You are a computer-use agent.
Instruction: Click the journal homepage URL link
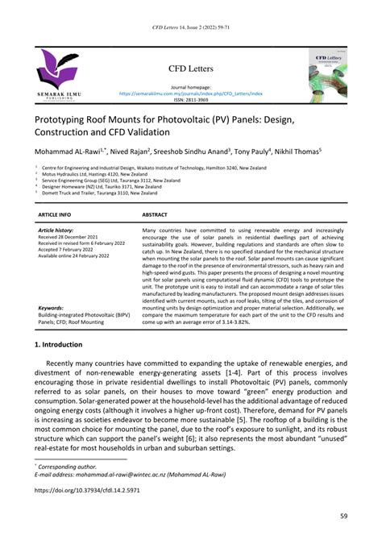pyautogui.click(x=191, y=93)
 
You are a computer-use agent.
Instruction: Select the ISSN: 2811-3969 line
pyautogui.click(x=191, y=100)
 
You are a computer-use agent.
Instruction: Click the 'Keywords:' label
pyautogui.click(x=51, y=307)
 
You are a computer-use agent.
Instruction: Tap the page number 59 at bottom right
pyautogui.click(x=343, y=517)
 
